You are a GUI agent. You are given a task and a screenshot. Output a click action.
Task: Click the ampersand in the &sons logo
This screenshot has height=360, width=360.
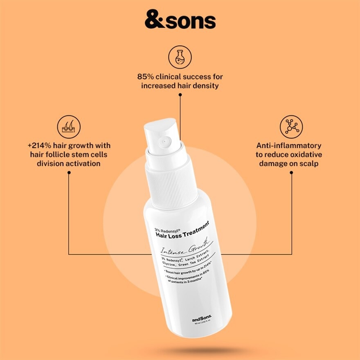coord(154,20)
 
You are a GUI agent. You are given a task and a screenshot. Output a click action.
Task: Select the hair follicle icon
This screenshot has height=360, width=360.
coord(68,127)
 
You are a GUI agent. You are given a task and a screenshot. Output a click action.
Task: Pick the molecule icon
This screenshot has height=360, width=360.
coord(291,126)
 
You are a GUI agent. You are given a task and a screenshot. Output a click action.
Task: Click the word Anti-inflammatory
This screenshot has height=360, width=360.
coord(289,146)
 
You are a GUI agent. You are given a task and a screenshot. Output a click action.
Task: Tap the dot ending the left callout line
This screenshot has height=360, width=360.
coord(69,173)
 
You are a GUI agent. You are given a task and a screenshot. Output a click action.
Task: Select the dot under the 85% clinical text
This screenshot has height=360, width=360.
coord(180,94)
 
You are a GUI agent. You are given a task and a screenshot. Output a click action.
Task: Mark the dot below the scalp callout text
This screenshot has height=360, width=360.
coord(291,173)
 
